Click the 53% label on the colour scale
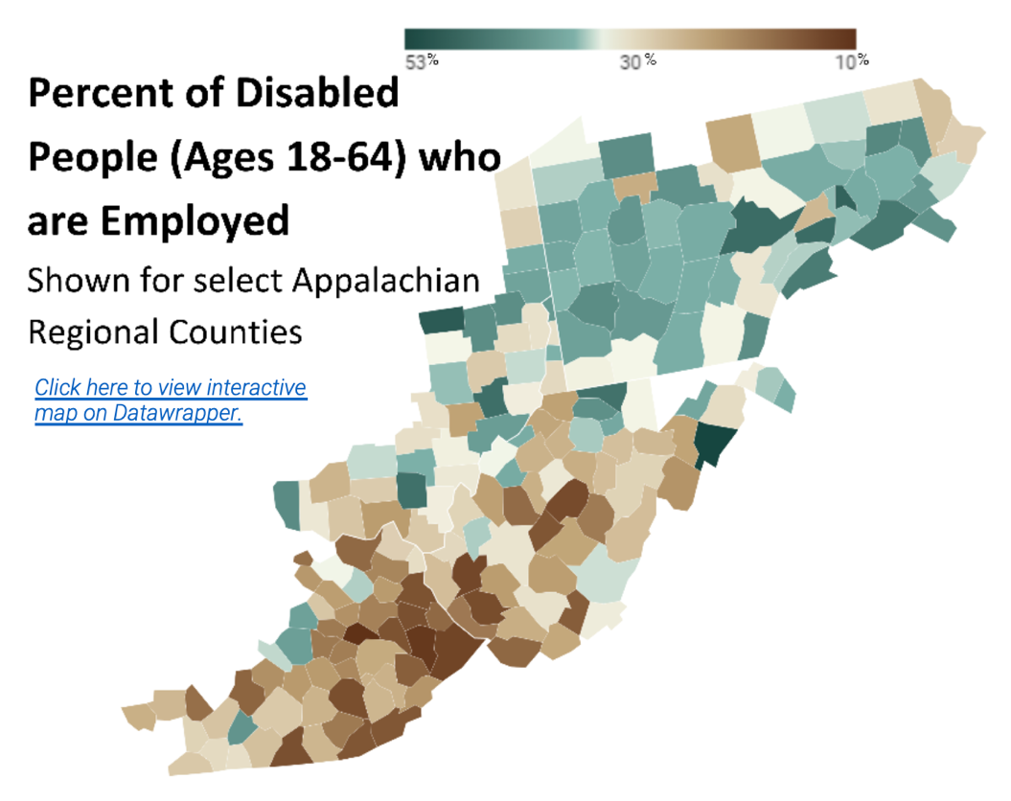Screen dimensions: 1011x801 [422, 61]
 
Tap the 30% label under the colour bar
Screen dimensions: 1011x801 [637, 61]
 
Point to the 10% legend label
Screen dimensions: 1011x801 [852, 61]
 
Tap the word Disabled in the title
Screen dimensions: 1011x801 [317, 93]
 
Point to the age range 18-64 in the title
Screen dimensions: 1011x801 [346, 157]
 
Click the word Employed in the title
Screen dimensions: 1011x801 [195, 221]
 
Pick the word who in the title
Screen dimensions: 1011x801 [460, 157]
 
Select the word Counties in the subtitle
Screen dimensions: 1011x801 [236, 332]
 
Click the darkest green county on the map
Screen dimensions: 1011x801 [714, 444]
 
